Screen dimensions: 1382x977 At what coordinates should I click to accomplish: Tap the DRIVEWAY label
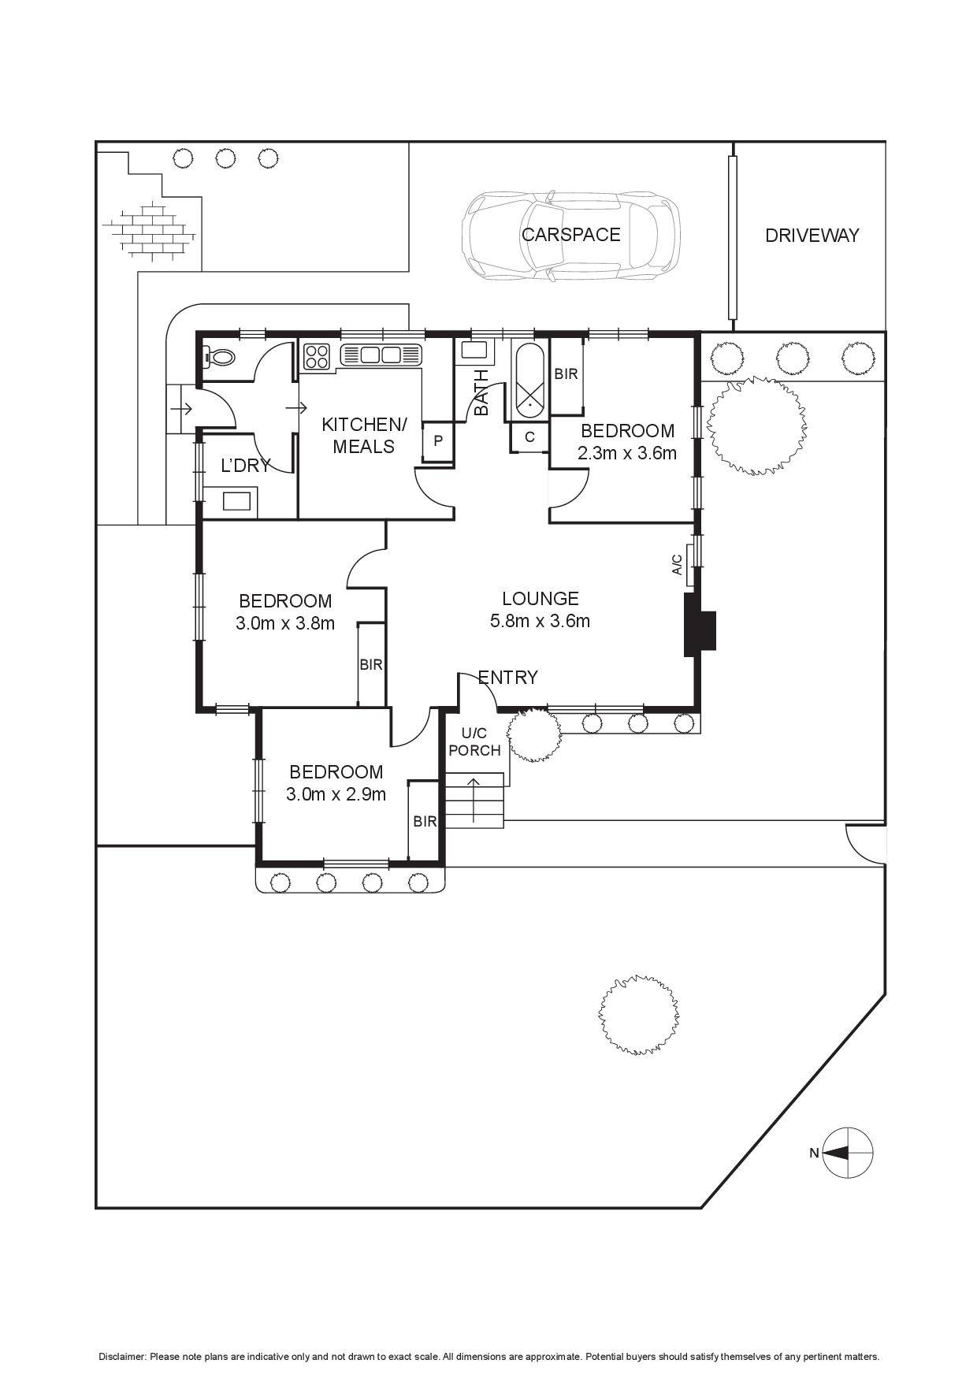(812, 235)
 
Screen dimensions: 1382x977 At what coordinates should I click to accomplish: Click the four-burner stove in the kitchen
(317, 357)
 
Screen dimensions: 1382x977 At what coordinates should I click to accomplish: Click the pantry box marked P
(438, 440)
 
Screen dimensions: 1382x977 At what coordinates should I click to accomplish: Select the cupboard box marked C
(529, 437)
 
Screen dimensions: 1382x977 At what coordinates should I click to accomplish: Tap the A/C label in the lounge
(677, 564)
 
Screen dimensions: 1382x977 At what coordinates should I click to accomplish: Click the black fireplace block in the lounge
(698, 623)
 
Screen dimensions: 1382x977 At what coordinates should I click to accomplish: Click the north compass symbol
(848, 1153)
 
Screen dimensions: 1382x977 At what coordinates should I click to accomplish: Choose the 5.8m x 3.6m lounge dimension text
(540, 621)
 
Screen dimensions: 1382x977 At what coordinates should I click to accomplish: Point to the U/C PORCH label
(474, 742)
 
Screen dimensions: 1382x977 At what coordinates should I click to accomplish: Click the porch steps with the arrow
(474, 801)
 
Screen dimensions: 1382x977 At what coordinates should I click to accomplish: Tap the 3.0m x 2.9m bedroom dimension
(336, 794)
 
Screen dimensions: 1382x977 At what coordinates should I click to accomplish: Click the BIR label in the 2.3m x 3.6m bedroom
(566, 374)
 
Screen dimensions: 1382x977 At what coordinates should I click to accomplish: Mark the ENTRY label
(508, 678)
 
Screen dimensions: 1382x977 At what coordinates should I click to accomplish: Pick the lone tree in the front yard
(638, 1014)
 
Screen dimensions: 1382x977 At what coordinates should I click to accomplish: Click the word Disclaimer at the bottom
(122, 1357)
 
